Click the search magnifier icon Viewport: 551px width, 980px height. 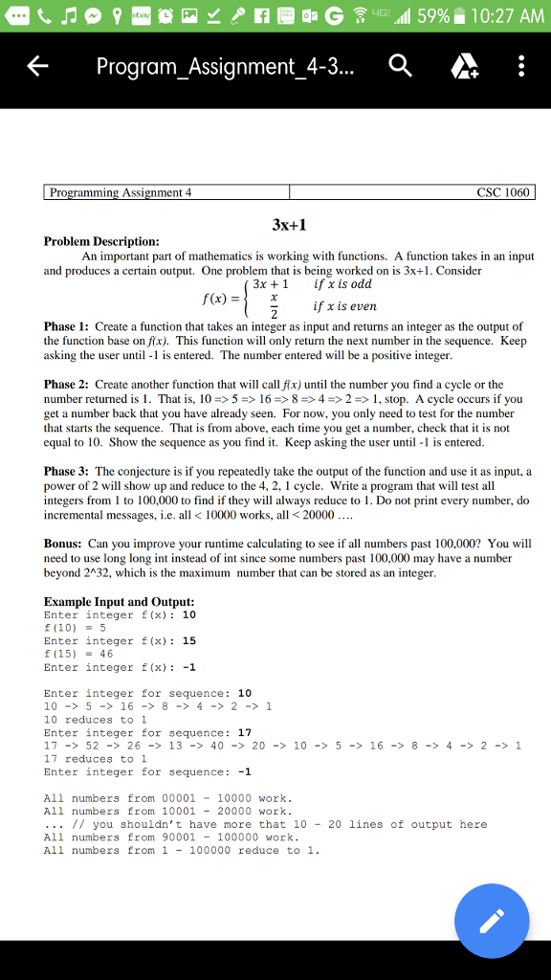click(401, 66)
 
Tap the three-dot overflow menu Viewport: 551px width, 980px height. click(520, 66)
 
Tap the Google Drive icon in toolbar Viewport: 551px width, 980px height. click(462, 66)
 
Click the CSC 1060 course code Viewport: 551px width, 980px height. click(502, 192)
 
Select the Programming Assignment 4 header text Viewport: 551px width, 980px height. click(121, 192)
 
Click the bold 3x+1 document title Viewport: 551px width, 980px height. click(288, 224)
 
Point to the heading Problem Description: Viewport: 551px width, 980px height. click(102, 242)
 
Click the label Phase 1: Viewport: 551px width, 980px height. click(66, 327)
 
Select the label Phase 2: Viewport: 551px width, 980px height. click(66, 385)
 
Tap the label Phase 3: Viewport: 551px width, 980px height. click(66, 472)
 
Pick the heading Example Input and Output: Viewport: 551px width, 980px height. click(120, 601)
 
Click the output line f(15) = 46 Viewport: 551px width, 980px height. click(79, 654)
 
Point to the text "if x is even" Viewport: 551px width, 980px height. click(344, 306)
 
